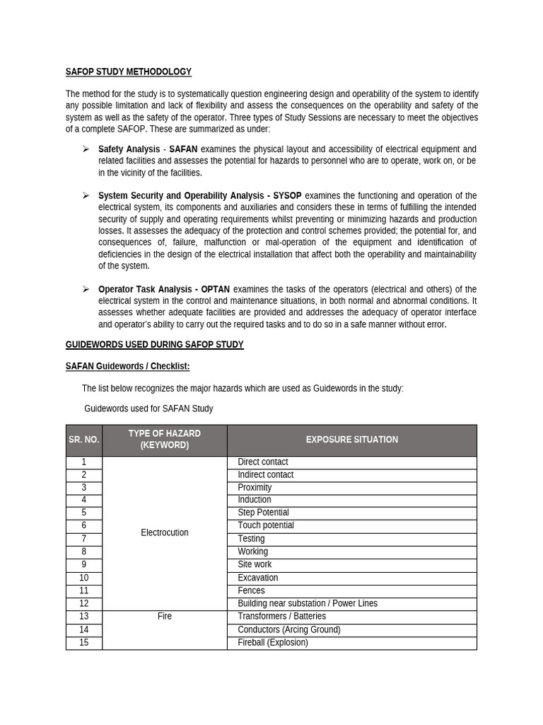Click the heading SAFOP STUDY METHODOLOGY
point(128,72)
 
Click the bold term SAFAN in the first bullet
point(183,149)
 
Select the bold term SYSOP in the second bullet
point(287,195)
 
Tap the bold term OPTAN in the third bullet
point(215,289)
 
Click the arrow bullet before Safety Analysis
point(86,149)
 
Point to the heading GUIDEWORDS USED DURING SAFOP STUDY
point(154,345)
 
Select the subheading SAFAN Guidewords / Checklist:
point(127,366)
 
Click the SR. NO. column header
point(84,440)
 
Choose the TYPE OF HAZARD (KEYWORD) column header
point(165,440)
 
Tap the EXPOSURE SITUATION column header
point(351,440)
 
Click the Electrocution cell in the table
point(165,532)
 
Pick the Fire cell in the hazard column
point(165,617)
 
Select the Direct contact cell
point(263,462)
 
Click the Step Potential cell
point(263,513)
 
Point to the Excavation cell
point(258,578)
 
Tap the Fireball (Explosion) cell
point(273,643)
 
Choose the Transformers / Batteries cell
point(281,617)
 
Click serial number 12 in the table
point(84,604)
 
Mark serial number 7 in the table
point(84,539)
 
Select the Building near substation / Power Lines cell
point(308,604)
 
